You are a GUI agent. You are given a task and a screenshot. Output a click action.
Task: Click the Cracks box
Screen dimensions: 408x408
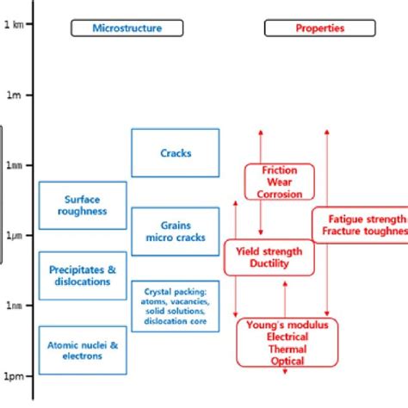[x=176, y=153]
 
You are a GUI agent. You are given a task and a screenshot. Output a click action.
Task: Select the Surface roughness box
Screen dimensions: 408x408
[x=83, y=205]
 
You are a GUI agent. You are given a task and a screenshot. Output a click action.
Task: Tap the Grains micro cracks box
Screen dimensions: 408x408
[x=176, y=232]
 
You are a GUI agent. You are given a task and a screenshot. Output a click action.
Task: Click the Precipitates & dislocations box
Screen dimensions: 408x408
[x=83, y=275]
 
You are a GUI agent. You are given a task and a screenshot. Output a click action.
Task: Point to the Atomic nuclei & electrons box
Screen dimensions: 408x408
[x=83, y=350]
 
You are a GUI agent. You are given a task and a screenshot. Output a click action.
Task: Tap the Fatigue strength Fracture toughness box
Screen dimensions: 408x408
[x=360, y=225]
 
